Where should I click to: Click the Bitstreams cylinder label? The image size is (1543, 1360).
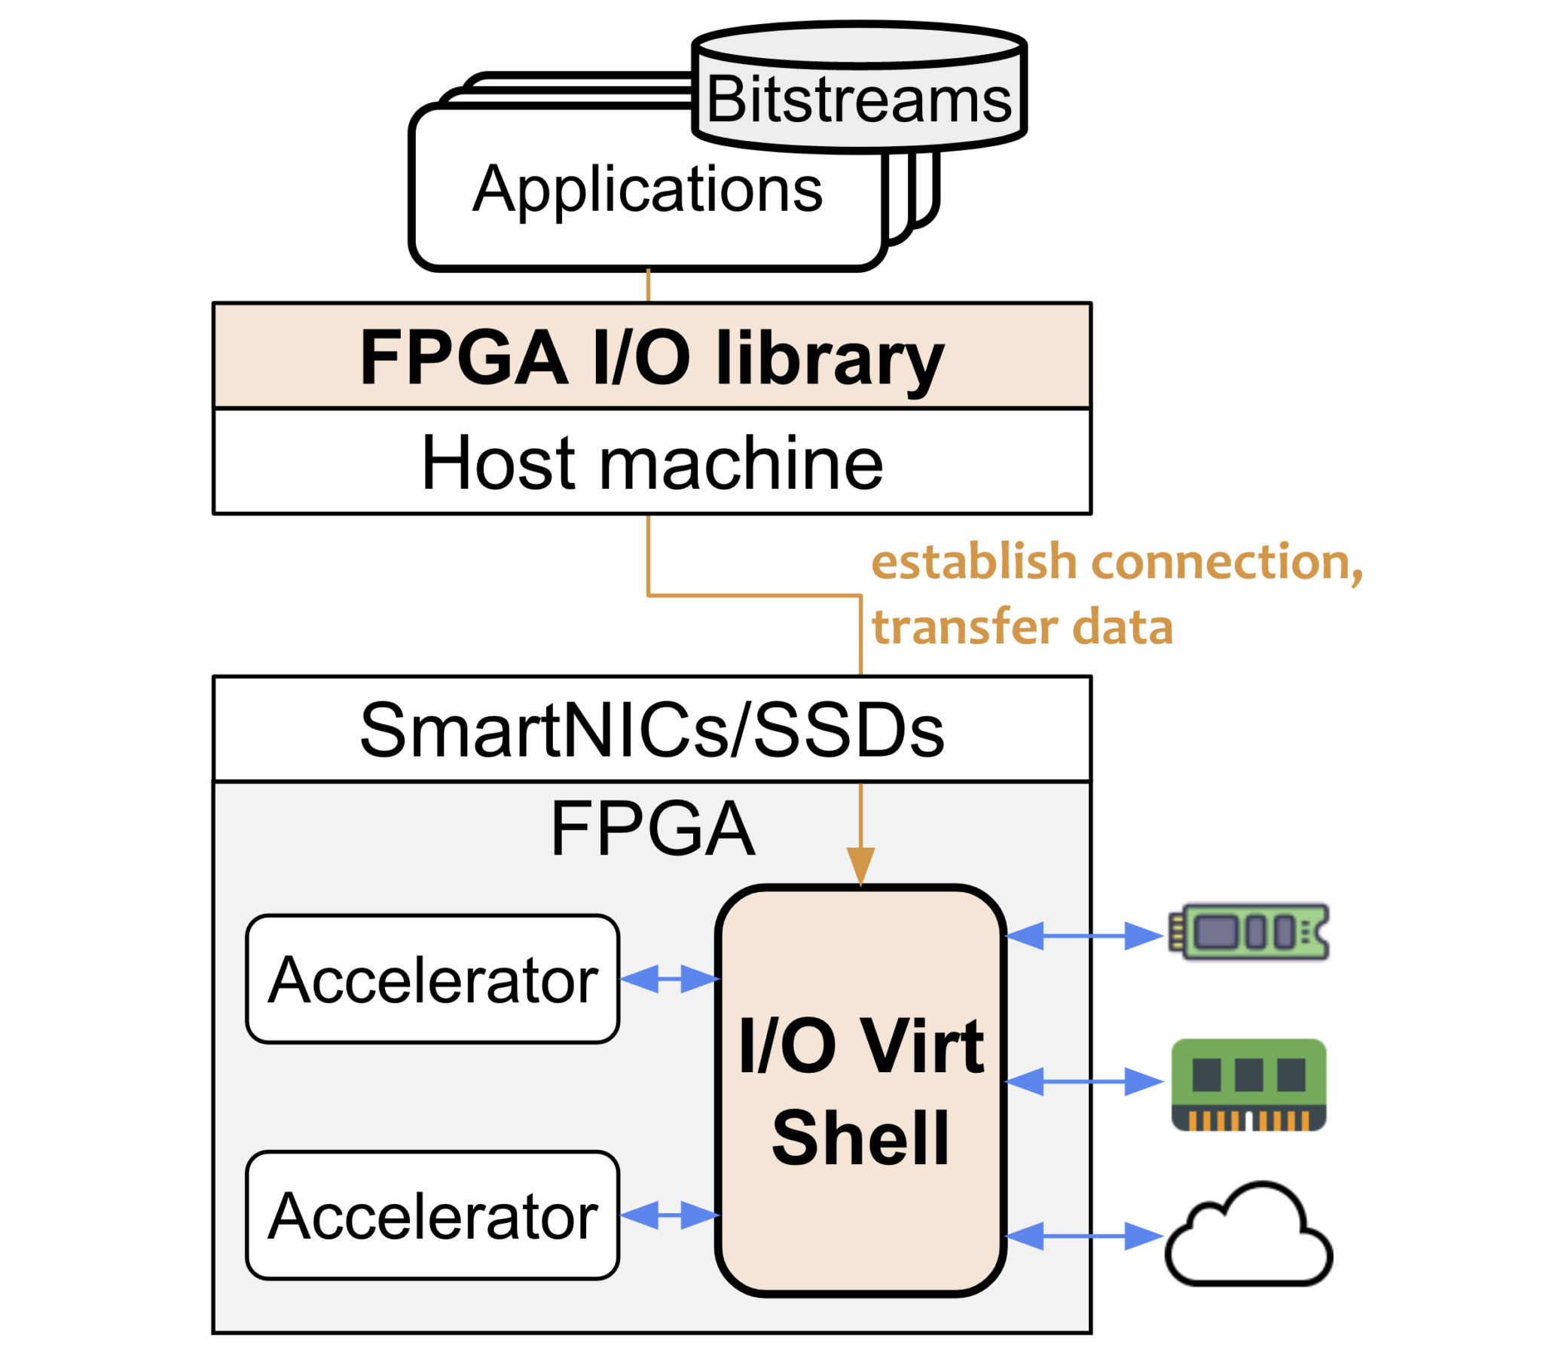tap(858, 100)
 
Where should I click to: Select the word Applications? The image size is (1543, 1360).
tap(647, 189)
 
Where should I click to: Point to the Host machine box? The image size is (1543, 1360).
tap(652, 462)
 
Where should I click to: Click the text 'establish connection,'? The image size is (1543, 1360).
tap(1117, 563)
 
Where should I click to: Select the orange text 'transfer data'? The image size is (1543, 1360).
tap(1022, 628)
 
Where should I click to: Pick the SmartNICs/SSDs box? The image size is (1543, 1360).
tap(652, 729)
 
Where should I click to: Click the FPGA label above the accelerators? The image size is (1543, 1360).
tap(652, 829)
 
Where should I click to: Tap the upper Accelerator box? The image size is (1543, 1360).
tap(432, 980)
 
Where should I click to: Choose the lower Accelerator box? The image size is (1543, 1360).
tap(432, 1216)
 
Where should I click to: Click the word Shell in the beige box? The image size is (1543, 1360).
tap(860, 1138)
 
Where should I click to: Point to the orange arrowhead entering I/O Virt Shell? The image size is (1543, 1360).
tap(860, 865)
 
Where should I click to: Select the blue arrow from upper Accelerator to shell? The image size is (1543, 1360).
tap(669, 979)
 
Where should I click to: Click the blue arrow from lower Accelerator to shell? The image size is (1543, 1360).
tap(669, 1215)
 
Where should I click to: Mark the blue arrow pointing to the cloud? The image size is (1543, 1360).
tap(1084, 1236)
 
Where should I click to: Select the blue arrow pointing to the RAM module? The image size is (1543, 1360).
tap(1084, 1081)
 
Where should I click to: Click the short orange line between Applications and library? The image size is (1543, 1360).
tap(648, 286)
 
